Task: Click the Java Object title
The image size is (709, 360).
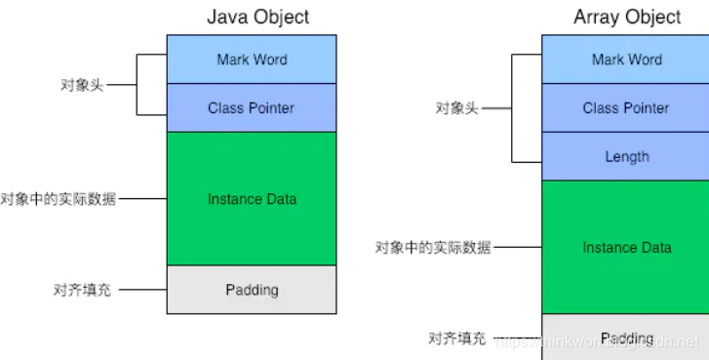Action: click(x=257, y=17)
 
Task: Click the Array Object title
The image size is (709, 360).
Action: click(x=626, y=17)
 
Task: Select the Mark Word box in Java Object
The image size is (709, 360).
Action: click(x=252, y=60)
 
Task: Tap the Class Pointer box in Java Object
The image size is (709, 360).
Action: click(x=252, y=108)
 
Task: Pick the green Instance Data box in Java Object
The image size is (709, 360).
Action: click(x=252, y=199)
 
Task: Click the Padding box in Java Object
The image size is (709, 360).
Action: click(x=252, y=290)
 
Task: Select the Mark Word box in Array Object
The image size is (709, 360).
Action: click(x=626, y=60)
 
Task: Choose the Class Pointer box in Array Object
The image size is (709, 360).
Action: click(x=626, y=108)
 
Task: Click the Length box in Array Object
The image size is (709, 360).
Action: click(x=626, y=156)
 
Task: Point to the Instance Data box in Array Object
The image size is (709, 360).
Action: click(x=626, y=248)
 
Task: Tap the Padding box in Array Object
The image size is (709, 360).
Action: click(x=626, y=337)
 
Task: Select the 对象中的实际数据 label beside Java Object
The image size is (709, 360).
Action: click(x=59, y=199)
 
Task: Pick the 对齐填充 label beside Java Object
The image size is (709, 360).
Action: click(x=82, y=290)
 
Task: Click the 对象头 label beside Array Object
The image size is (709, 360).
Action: click(x=456, y=107)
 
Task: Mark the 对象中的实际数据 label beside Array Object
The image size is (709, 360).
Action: click(x=433, y=248)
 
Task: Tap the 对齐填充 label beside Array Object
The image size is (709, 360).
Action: click(x=456, y=338)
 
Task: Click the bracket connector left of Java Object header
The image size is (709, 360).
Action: click(x=138, y=84)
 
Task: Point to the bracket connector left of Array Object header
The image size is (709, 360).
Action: click(x=512, y=107)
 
